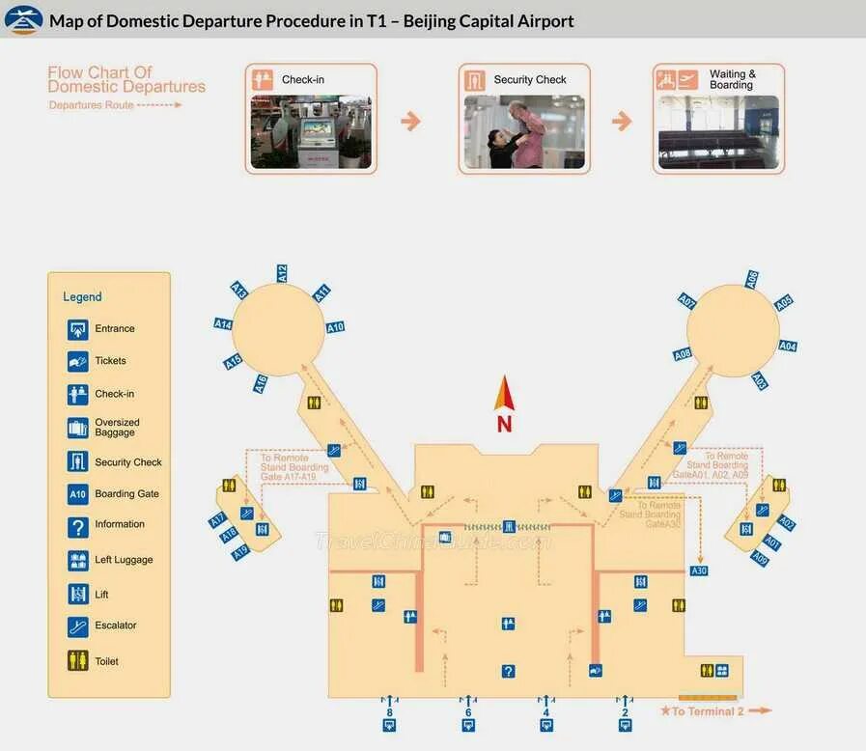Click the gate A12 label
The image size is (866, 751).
(x=282, y=273)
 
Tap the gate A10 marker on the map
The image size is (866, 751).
(x=335, y=327)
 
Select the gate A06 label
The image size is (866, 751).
(x=752, y=279)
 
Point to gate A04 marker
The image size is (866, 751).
(x=788, y=346)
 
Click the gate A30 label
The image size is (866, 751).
(x=699, y=570)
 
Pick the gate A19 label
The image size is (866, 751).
(x=240, y=552)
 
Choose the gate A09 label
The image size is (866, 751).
(x=761, y=559)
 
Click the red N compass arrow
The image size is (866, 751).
(x=504, y=396)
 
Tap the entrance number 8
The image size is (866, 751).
(x=389, y=712)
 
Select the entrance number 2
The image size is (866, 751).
(x=625, y=712)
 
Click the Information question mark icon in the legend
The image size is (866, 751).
(x=78, y=527)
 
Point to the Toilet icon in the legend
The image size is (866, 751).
(x=78, y=661)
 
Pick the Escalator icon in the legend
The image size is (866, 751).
(x=78, y=626)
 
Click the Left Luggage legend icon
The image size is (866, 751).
(x=78, y=560)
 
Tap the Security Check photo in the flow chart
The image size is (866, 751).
(x=524, y=131)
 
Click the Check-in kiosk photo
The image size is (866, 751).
(x=310, y=131)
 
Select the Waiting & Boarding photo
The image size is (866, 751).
(x=718, y=131)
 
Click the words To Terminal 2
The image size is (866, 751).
(x=708, y=711)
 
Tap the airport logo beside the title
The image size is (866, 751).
(x=23, y=19)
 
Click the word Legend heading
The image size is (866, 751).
(x=82, y=296)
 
